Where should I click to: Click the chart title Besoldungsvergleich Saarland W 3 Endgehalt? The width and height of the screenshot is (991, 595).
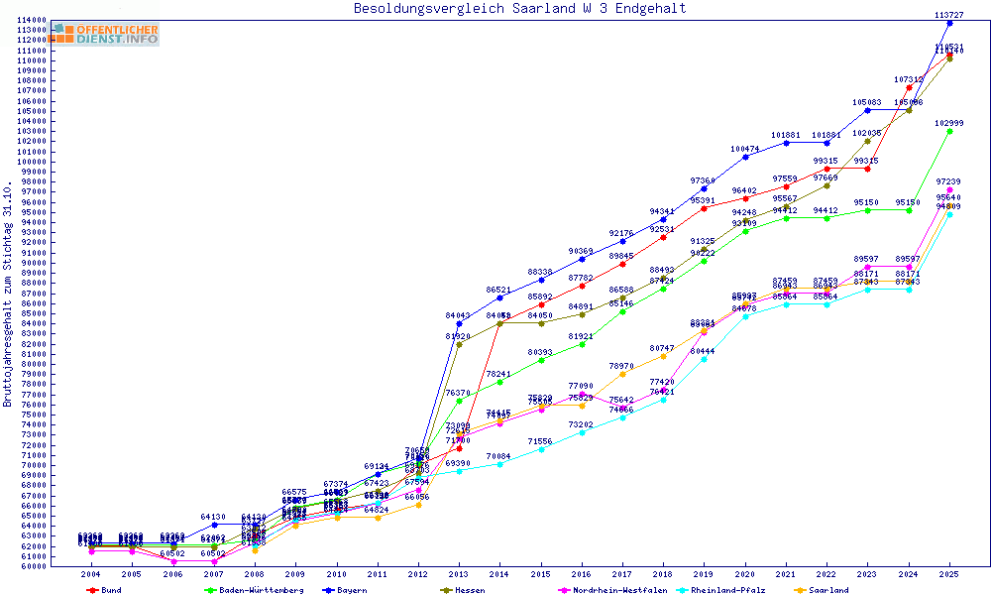click(519, 9)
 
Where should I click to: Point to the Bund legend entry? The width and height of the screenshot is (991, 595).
click(111, 589)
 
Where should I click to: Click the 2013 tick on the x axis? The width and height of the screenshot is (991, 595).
click(458, 574)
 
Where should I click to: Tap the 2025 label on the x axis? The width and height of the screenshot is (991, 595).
click(949, 574)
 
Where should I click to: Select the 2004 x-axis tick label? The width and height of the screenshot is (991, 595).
click(91, 574)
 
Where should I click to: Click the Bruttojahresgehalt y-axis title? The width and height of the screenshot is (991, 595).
click(8, 295)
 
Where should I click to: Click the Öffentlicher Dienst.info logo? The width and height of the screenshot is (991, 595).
click(106, 34)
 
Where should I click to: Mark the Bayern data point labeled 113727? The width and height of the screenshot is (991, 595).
click(949, 23)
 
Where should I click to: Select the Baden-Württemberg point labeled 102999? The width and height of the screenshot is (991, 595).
click(949, 131)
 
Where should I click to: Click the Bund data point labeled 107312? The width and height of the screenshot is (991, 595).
click(909, 87)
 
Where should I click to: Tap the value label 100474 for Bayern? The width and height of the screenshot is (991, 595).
click(745, 149)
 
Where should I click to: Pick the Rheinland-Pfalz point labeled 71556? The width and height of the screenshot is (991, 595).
click(540, 449)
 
